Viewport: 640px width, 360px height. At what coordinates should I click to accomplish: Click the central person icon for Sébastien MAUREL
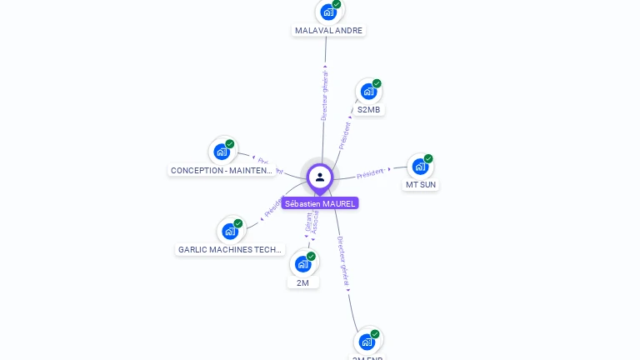(320, 177)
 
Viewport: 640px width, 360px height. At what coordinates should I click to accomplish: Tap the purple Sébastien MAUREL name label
(320, 203)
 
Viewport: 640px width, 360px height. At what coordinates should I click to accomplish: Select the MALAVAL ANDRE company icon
(328, 12)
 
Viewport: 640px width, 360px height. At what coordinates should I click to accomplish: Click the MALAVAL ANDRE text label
(329, 30)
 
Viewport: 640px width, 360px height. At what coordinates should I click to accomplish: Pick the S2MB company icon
(368, 91)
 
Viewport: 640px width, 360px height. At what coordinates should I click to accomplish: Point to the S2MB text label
(370, 109)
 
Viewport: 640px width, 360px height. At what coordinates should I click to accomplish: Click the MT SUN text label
(421, 184)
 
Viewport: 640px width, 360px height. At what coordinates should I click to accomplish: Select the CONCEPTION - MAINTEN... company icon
(222, 151)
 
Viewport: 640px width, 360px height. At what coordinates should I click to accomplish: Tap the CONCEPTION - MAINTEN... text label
(222, 170)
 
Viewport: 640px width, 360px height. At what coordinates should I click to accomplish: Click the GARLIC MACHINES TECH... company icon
(230, 231)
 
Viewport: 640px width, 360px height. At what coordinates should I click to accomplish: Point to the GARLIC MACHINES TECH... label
(231, 249)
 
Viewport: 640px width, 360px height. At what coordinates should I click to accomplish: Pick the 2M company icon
(303, 263)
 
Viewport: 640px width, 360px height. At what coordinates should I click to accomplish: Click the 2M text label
(303, 282)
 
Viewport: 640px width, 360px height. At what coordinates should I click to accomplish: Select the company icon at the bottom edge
(367, 341)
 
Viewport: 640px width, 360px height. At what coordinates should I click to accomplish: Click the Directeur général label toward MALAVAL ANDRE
(325, 96)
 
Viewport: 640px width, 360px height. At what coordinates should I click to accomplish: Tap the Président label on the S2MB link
(345, 135)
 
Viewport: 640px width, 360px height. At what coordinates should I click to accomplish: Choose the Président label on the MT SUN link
(371, 173)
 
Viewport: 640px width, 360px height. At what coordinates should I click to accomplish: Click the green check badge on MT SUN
(428, 158)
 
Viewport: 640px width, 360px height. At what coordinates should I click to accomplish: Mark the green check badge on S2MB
(377, 83)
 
